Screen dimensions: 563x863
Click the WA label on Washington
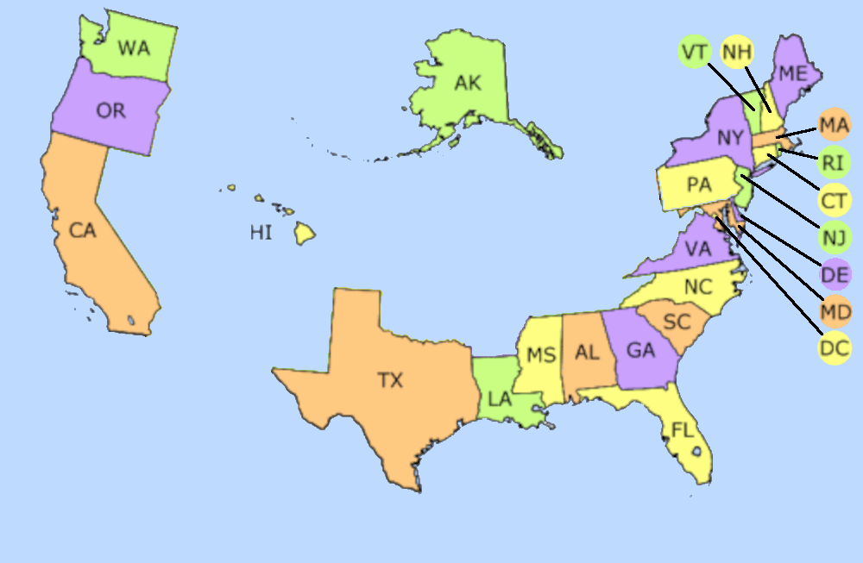point(134,48)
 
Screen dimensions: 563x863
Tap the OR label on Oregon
point(110,110)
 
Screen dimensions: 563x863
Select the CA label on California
point(83,230)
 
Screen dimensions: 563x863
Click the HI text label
point(261,232)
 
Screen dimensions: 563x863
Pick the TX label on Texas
point(390,379)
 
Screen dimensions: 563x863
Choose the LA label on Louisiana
point(500,399)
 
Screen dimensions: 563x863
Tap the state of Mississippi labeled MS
point(541,356)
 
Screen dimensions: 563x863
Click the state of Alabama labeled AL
point(588,353)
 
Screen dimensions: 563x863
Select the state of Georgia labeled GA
point(640,350)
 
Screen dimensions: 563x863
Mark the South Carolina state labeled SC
point(677,322)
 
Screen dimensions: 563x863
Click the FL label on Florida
point(682,429)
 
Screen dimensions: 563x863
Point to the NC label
point(697,287)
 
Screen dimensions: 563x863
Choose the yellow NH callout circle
point(736,52)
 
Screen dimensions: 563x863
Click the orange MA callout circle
point(835,126)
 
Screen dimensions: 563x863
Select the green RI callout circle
point(835,162)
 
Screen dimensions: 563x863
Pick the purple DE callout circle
point(835,274)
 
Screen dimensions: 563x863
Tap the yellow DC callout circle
point(835,348)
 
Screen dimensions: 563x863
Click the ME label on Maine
point(792,73)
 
